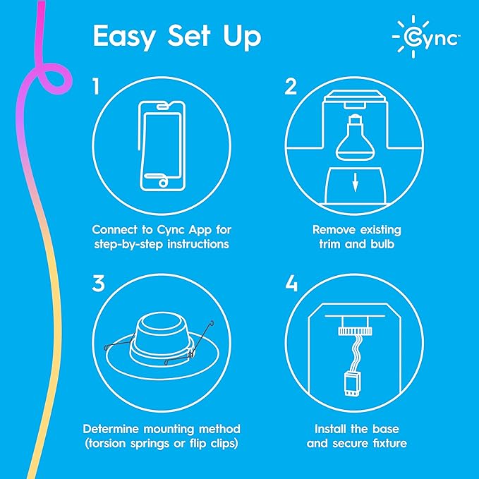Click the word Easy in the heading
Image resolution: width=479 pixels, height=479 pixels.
[123, 38]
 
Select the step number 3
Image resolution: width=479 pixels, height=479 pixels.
[98, 284]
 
